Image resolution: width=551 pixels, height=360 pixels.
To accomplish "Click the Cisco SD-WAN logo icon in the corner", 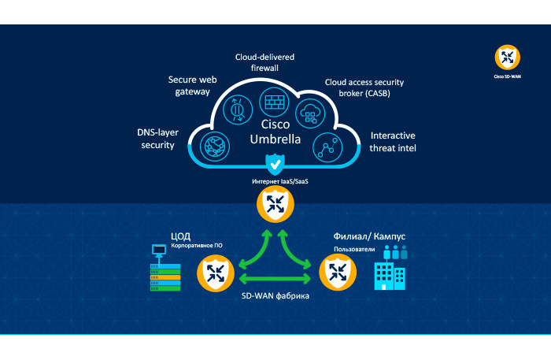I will click(x=506, y=58).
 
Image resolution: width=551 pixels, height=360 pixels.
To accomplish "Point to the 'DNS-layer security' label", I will click(x=156, y=139).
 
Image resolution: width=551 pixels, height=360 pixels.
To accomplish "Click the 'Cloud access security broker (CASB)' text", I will click(x=358, y=87).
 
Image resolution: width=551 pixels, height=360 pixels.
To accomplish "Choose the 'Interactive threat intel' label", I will click(x=393, y=141).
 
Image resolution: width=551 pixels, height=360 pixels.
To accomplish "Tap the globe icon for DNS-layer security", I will click(x=215, y=146).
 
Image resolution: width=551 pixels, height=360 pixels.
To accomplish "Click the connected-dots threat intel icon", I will click(x=325, y=146).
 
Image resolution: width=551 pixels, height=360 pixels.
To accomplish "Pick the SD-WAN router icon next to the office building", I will click(x=338, y=273).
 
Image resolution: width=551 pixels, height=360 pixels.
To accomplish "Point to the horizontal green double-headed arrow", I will click(x=275, y=279).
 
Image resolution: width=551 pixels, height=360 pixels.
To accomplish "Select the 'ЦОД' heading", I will click(x=181, y=236).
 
